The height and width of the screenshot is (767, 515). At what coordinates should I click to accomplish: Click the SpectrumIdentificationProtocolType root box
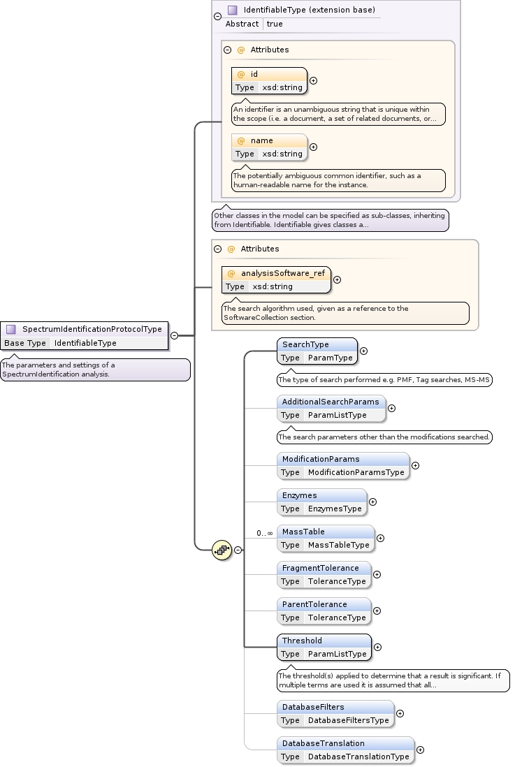click(x=84, y=335)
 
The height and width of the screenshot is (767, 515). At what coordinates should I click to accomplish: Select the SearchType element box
click(x=317, y=351)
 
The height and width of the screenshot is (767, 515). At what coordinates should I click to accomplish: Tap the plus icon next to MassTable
click(x=381, y=538)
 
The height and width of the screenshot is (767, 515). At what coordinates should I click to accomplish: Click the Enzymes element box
click(x=321, y=502)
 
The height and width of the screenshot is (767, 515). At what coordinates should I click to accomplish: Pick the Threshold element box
click(x=324, y=647)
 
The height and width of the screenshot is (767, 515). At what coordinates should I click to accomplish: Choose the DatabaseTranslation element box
click(x=345, y=750)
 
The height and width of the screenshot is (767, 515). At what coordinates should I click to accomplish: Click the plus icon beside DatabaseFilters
click(x=400, y=713)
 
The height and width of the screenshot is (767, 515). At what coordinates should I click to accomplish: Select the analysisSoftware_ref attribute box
click(x=276, y=279)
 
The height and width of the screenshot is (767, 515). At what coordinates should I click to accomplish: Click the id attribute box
click(x=269, y=80)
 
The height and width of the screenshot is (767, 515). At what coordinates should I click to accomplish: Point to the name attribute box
click(x=269, y=147)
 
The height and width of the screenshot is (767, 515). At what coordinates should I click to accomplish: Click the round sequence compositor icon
click(x=222, y=550)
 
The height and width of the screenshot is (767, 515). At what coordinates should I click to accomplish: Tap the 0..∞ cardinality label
click(x=264, y=533)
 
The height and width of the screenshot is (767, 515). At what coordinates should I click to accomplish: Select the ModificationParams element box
click(x=342, y=465)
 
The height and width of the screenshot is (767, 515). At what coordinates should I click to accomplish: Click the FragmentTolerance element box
click(x=324, y=574)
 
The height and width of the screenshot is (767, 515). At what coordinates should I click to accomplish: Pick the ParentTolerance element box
click(x=324, y=611)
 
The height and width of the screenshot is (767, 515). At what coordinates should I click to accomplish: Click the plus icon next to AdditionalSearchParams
click(x=392, y=408)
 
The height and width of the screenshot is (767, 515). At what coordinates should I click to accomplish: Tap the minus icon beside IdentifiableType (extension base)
click(x=217, y=15)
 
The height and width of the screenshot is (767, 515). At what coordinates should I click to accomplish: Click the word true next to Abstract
click(x=275, y=24)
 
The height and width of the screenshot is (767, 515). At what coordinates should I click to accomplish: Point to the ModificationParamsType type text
click(x=356, y=472)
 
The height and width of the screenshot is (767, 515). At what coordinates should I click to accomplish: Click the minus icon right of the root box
click(x=175, y=335)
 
